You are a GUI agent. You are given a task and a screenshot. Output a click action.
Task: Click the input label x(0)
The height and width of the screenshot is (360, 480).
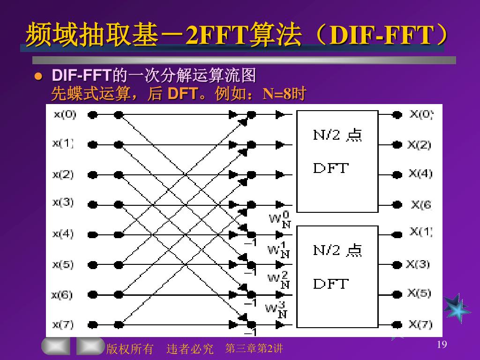(65, 114)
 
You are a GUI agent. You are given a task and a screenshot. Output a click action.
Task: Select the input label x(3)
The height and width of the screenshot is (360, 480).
(63, 202)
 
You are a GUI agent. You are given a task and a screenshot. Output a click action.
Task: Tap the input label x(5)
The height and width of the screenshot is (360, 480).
(63, 264)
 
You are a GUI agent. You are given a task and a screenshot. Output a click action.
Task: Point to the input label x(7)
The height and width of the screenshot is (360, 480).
(63, 324)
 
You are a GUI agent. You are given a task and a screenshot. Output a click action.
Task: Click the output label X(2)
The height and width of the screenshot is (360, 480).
(419, 145)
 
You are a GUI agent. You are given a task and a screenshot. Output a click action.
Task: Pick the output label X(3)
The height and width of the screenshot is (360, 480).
(418, 264)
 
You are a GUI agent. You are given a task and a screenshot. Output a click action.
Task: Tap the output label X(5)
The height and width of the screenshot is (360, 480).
(419, 293)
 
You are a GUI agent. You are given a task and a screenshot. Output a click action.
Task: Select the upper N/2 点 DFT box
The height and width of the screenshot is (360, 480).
(337, 161)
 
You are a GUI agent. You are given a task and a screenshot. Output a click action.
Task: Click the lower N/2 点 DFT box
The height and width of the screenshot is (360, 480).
(337, 277)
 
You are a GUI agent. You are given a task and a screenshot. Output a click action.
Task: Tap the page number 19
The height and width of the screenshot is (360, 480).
(442, 345)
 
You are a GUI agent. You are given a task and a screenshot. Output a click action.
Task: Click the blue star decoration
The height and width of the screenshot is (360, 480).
(457, 308)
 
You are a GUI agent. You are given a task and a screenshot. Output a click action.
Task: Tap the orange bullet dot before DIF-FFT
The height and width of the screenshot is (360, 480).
(40, 76)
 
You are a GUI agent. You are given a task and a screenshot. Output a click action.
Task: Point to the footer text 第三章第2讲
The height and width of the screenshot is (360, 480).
(254, 348)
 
